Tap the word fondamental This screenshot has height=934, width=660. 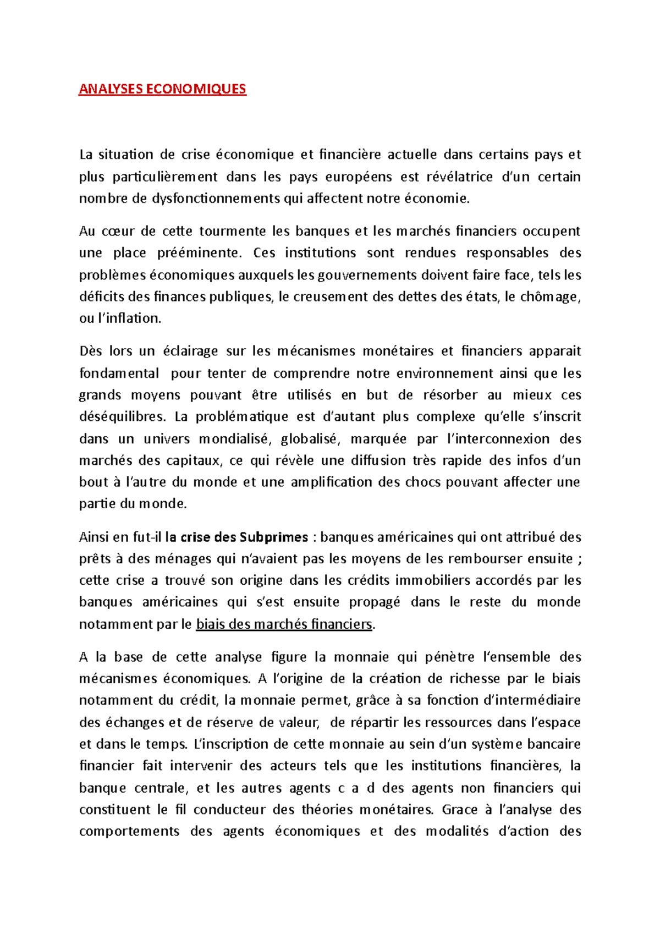point(119,373)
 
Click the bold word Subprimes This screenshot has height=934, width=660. point(274,537)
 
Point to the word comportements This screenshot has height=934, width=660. point(129,831)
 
